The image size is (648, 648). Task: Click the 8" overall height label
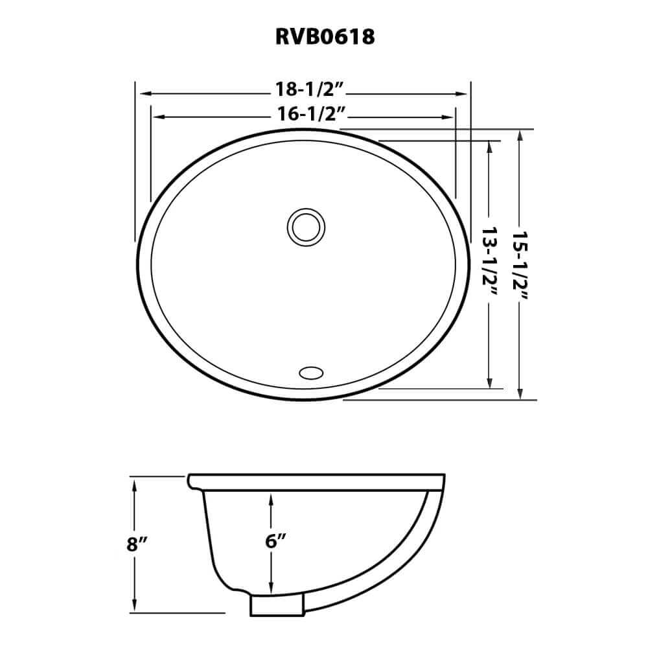[134, 544]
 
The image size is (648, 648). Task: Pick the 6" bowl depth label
[272, 542]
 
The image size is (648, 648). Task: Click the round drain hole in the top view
[305, 227]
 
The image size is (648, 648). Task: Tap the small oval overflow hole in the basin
[310, 372]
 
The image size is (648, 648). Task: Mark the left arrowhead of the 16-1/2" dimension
[156, 117]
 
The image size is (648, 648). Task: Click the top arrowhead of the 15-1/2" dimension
[520, 135]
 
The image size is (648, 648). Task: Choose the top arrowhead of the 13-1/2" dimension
[491, 146]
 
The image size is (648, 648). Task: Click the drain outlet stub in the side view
[277, 605]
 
